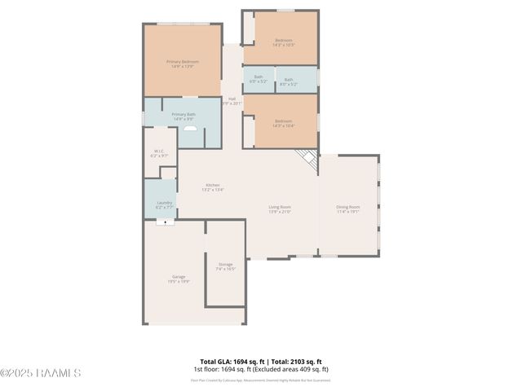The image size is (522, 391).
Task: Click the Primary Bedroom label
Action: click(x=183, y=64)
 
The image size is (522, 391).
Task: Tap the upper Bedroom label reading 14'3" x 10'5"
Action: click(x=283, y=42)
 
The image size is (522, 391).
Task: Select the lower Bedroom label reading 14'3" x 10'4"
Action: click(x=283, y=123)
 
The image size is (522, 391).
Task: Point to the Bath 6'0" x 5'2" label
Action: click(x=258, y=81)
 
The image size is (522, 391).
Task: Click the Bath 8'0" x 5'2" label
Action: click(x=289, y=81)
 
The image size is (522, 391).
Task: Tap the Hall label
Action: click(x=232, y=101)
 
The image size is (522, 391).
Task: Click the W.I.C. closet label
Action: click(x=160, y=152)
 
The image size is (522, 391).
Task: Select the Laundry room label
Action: click(x=164, y=204)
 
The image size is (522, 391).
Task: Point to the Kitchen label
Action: click(x=213, y=187)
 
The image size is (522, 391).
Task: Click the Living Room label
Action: click(x=280, y=209)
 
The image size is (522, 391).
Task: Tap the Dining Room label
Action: click(x=348, y=209)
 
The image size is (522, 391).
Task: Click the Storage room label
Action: click(x=225, y=266)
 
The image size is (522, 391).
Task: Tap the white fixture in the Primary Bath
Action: click(x=190, y=128)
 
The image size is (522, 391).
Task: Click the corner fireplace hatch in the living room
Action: click(x=307, y=160)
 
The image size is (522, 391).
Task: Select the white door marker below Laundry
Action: click(x=166, y=221)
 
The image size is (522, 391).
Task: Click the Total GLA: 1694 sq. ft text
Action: click(x=228, y=362)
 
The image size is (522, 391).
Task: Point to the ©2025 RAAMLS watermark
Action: click(x=41, y=373)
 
